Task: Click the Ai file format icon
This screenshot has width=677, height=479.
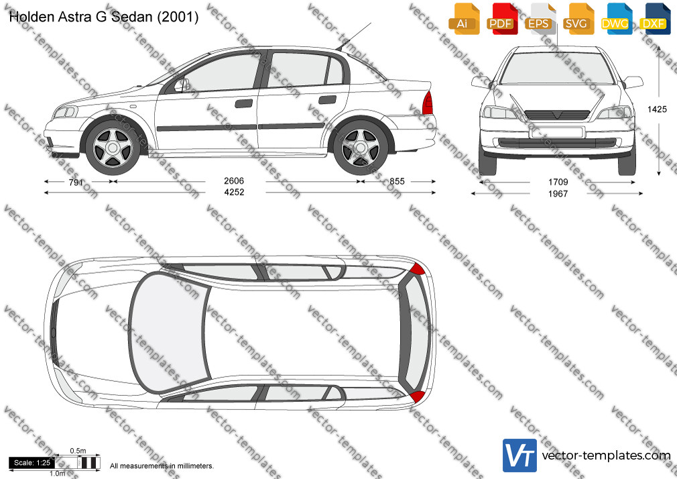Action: coord(464,19)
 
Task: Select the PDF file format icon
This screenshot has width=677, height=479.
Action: coord(502,19)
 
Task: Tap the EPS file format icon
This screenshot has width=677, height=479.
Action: coord(540,19)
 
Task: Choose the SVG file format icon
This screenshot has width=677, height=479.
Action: coord(578,19)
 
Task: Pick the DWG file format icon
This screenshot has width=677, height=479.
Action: coord(617,19)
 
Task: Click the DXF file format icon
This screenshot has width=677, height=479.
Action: coord(655,19)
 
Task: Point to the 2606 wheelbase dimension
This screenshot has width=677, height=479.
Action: coord(234,180)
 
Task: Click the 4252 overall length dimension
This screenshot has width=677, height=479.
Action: coord(234,192)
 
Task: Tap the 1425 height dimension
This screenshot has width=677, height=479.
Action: coord(657,109)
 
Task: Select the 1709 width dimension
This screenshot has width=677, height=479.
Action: coord(558,182)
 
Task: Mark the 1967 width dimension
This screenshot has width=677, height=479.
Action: coord(558,194)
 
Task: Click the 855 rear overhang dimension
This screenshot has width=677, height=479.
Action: coord(397,181)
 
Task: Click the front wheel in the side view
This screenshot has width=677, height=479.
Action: coord(113,148)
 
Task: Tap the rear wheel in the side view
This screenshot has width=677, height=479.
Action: coord(361,148)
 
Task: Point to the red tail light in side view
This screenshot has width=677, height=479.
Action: coord(428,103)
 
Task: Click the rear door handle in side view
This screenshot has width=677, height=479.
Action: coord(327,100)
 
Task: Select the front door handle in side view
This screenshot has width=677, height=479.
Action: coord(244,103)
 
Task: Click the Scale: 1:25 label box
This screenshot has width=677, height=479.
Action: coord(32,463)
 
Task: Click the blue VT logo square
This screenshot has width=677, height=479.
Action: coord(520,456)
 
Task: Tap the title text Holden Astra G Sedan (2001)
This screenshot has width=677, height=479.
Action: coord(104,17)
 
